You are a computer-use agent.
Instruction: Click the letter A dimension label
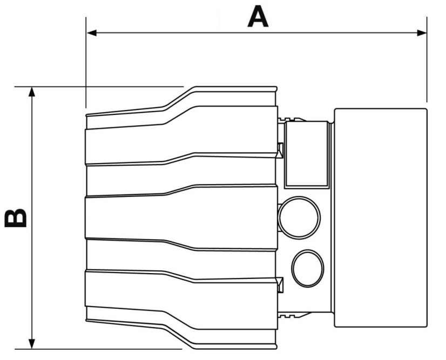tap(258, 17)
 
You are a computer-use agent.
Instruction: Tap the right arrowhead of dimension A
tap(422, 33)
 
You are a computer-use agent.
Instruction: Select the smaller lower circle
tap(308, 267)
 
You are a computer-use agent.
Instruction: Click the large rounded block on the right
tap(380, 217)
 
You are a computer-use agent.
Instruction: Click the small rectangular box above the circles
tap(306, 154)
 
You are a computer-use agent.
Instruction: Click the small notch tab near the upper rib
tap(280, 149)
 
